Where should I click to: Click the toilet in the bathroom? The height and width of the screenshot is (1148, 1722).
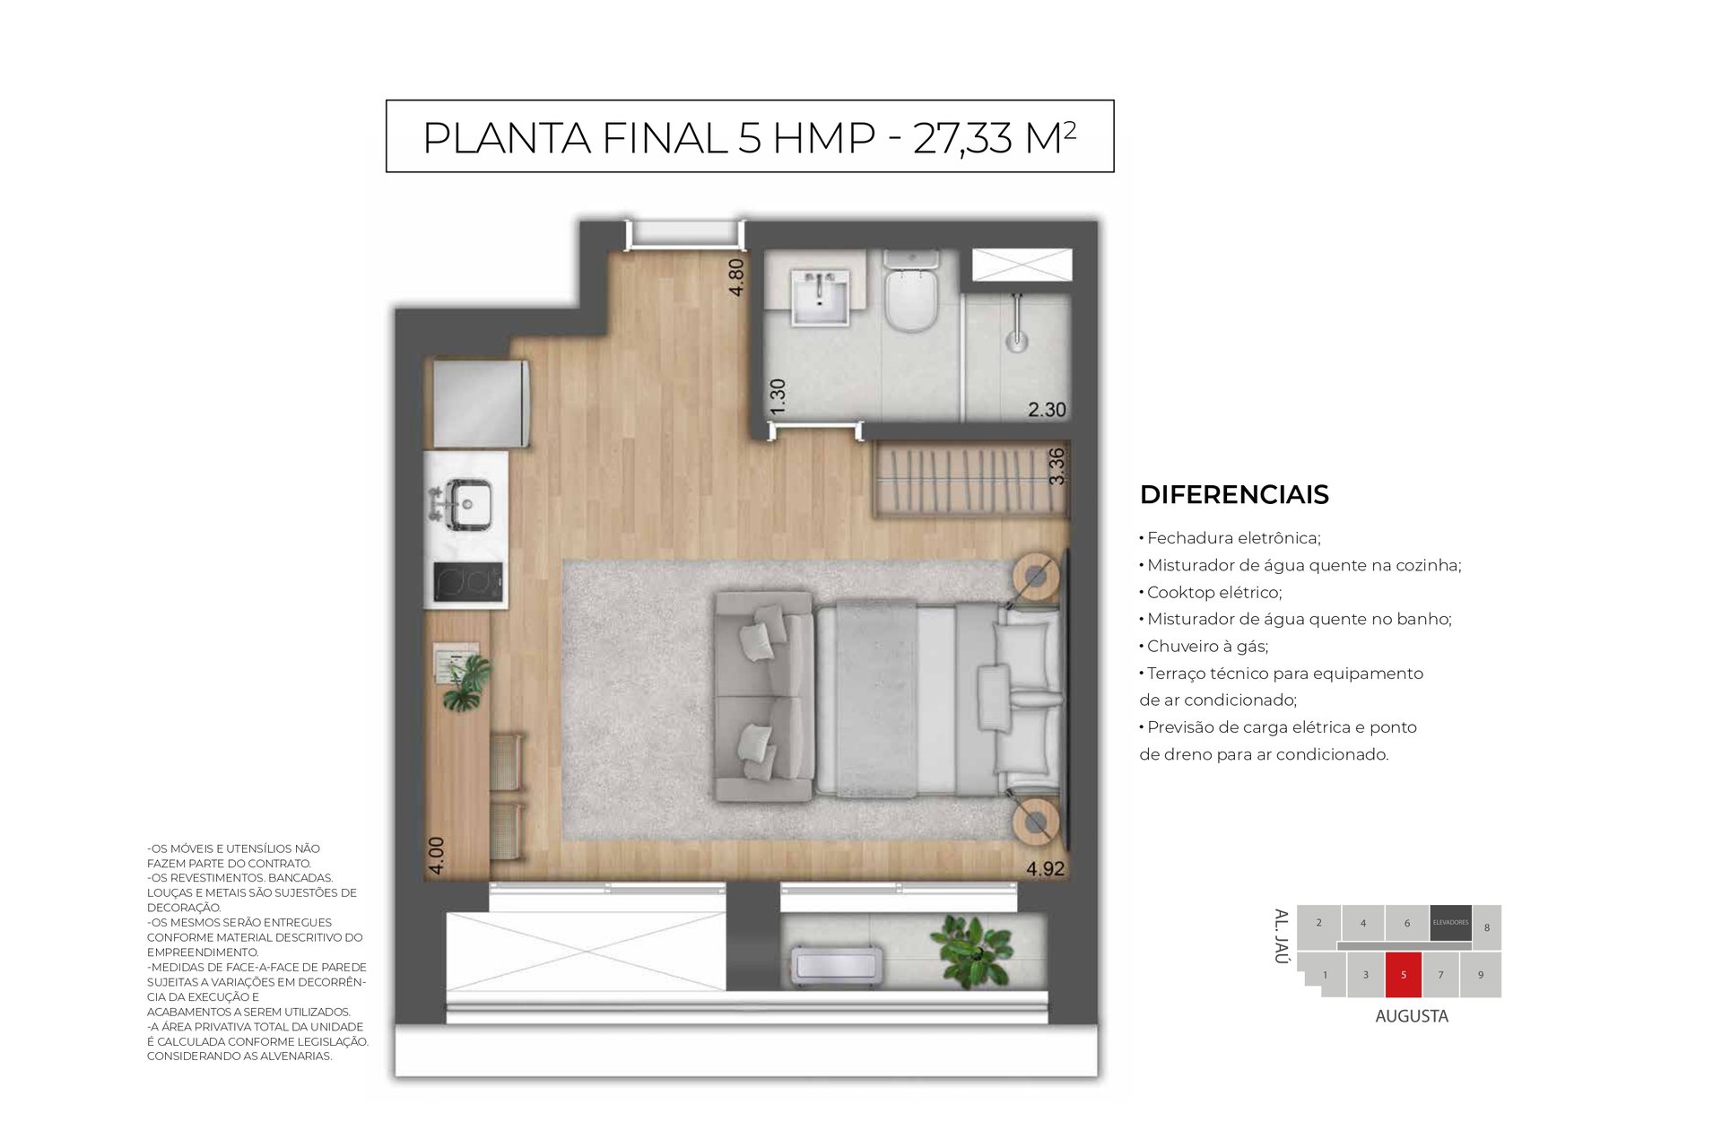tap(911, 291)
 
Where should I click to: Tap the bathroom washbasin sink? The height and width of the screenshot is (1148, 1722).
tap(820, 296)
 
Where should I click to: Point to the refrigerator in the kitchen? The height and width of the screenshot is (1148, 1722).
tap(481, 404)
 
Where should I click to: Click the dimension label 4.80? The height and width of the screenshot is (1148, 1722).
tap(736, 278)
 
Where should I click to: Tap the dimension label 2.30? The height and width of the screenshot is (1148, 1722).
tap(1047, 410)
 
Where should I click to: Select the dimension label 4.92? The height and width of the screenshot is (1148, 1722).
tap(1045, 868)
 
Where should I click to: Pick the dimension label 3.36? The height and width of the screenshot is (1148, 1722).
tap(1057, 466)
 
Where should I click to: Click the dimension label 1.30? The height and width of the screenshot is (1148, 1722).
tap(778, 396)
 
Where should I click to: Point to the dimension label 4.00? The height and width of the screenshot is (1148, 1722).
tap(436, 856)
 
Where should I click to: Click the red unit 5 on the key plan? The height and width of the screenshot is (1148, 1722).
tap(1404, 975)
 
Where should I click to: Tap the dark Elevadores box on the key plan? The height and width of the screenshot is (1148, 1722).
tap(1450, 923)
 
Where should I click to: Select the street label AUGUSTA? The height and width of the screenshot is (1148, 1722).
tap(1412, 1016)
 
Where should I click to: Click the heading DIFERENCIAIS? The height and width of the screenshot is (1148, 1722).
tap(1234, 494)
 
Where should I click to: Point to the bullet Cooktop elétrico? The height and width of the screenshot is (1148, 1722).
tap(1211, 592)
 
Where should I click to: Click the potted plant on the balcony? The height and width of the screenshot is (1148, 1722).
tap(972, 951)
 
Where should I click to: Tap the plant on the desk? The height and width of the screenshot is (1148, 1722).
tap(465, 682)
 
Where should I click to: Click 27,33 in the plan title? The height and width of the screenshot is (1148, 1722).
tap(962, 138)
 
